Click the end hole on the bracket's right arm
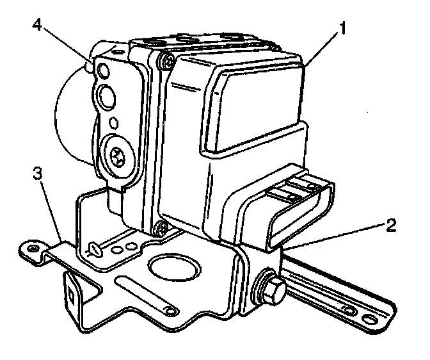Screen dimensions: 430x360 point(370,318)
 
